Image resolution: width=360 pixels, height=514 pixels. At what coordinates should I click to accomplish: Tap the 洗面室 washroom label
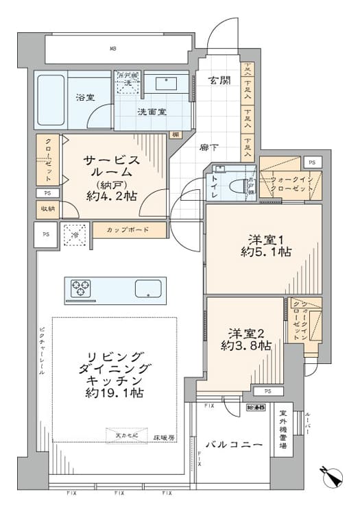click(151, 111)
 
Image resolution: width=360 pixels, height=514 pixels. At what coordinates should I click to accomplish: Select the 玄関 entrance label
click(219, 81)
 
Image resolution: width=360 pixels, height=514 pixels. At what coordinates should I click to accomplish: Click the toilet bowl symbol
click(237, 185)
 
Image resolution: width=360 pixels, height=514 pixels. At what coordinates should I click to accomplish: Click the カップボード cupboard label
click(128, 230)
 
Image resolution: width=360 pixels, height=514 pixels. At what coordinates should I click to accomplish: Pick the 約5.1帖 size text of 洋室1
click(265, 252)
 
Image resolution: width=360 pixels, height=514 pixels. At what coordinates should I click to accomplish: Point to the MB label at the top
click(113, 49)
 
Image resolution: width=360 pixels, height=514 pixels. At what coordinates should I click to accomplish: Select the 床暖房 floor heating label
click(163, 436)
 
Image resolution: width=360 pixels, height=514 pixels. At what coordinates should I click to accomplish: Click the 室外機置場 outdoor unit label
click(283, 430)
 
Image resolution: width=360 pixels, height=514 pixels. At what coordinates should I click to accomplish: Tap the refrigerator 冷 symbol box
click(75, 234)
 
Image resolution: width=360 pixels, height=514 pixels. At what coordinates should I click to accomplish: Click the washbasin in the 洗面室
click(165, 84)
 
